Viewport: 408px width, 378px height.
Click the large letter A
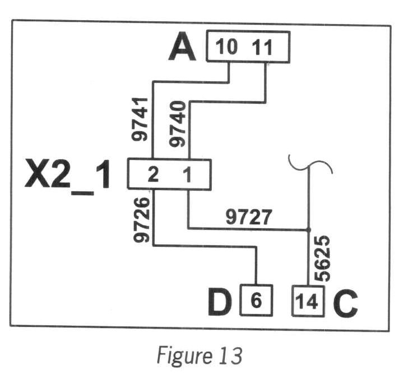click(x=183, y=47)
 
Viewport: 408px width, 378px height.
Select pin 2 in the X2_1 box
click(x=152, y=175)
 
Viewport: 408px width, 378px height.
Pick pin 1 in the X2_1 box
click(x=188, y=175)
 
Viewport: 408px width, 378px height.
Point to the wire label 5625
click(x=322, y=258)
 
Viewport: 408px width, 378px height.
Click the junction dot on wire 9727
click(x=308, y=229)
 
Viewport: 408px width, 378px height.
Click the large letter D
click(x=221, y=303)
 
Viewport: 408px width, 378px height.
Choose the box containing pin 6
click(x=256, y=302)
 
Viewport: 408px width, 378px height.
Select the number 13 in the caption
click(x=230, y=356)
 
